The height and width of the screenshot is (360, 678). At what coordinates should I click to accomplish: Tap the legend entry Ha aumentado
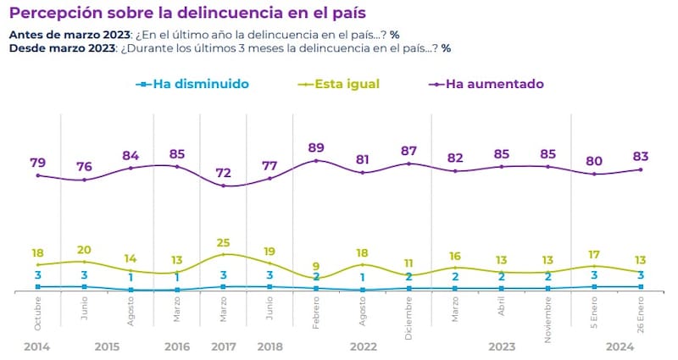pos(493,84)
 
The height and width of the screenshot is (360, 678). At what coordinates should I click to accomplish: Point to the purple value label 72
pos(224,173)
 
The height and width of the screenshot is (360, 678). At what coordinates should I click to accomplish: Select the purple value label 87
pos(408,150)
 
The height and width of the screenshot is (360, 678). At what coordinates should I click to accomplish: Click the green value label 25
pos(223,243)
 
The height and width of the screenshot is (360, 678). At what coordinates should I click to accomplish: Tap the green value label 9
pos(316,266)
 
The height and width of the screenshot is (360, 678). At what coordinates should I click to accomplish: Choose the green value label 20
pos(84,250)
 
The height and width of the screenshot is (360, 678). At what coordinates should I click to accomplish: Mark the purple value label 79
pos(37,162)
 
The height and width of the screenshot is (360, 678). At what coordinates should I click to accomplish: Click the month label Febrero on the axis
pos(317,313)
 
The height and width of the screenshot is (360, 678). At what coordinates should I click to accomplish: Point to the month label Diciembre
pos(409,316)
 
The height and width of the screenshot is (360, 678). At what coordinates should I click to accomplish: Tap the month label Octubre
pos(38,313)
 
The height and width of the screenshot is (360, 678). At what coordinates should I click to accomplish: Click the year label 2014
pos(37,346)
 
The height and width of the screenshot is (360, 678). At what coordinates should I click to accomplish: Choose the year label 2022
pos(363,346)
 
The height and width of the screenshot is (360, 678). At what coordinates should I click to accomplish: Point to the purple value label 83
pos(642,156)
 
